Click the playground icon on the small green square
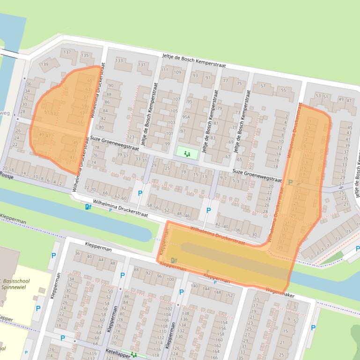(x=187, y=153)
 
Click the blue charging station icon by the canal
(x=88, y=207)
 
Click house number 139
(x=44, y=64)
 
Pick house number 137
(x=67, y=51)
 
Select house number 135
(x=85, y=56)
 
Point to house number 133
(x=119, y=61)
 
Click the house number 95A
(x=186, y=116)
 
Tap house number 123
(x=131, y=137)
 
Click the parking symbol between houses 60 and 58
(x=140, y=193)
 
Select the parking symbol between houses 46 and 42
(x=208, y=210)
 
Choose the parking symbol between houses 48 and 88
(x=122, y=275)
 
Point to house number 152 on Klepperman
(x=229, y=295)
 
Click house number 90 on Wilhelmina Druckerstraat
(x=110, y=86)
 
